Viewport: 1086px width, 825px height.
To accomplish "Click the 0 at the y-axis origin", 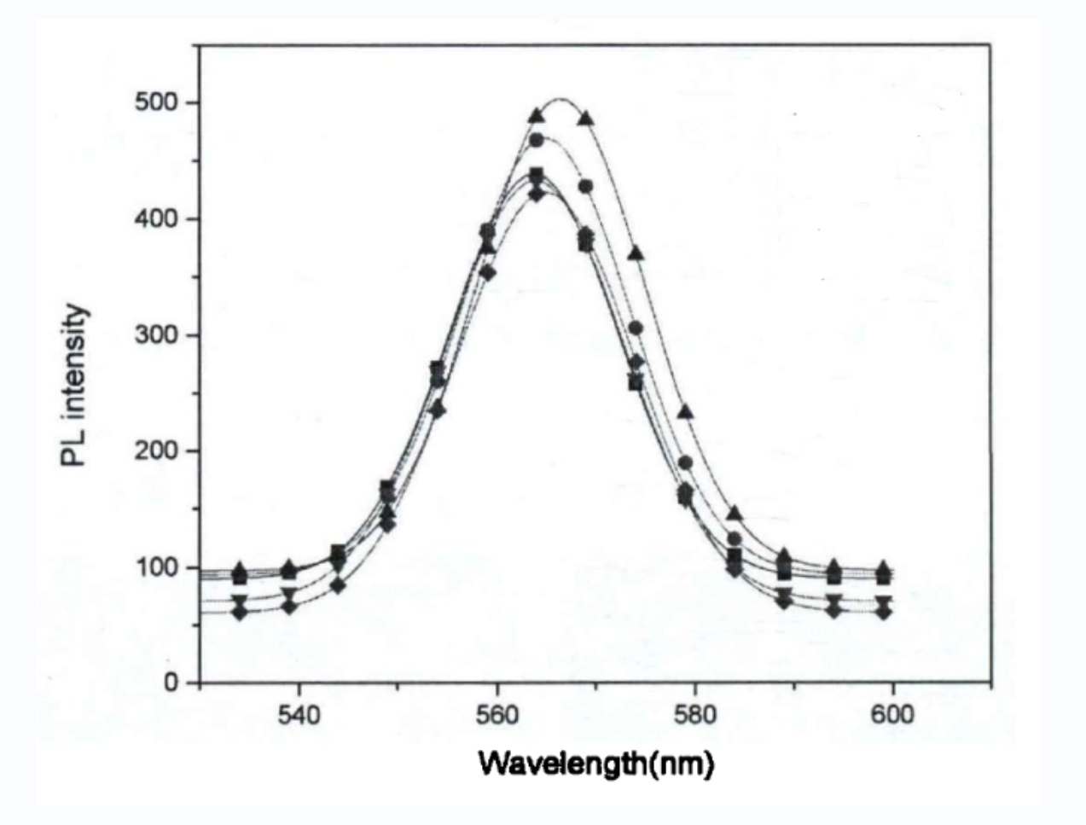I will (x=171, y=683).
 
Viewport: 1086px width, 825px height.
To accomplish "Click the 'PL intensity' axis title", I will (x=74, y=386).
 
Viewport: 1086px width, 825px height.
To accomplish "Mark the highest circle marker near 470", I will (x=537, y=140).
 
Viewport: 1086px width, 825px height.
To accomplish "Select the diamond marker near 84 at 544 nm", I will (x=339, y=586).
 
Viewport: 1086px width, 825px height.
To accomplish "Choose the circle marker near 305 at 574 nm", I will (x=636, y=328).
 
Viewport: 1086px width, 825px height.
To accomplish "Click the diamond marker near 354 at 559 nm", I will (x=487, y=272).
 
